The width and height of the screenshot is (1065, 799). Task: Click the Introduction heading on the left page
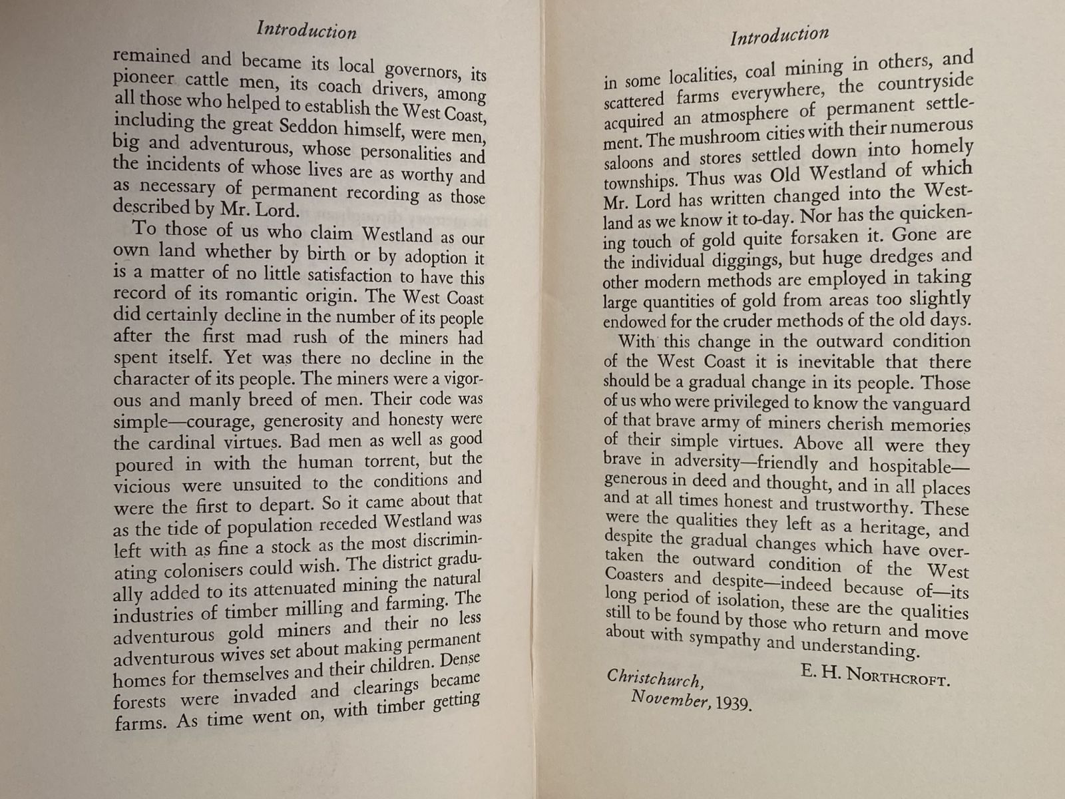point(307,31)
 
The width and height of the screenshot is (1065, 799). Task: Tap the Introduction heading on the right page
point(779,35)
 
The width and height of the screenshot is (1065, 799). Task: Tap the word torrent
point(388,461)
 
